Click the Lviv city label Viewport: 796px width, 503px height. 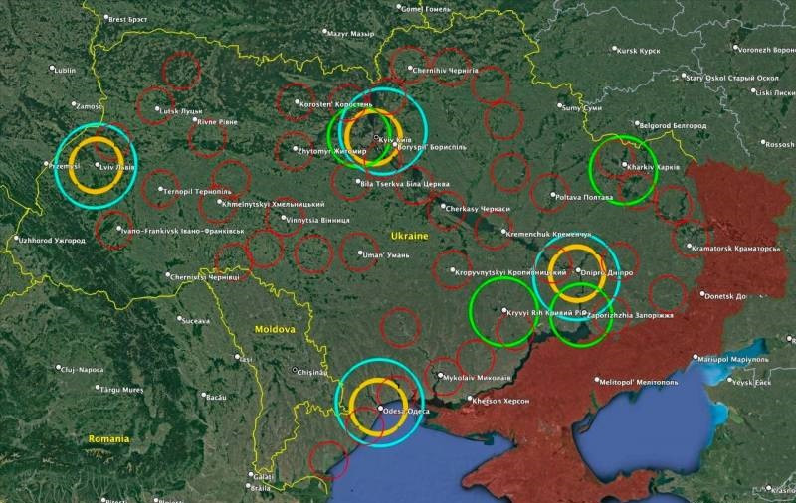coord(117,167)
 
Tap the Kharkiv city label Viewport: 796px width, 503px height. coord(655,167)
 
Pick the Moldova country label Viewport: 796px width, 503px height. coord(273,329)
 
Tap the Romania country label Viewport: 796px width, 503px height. coord(108,438)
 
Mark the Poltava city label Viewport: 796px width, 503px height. coord(584,197)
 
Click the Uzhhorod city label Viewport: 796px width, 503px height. coord(53,240)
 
